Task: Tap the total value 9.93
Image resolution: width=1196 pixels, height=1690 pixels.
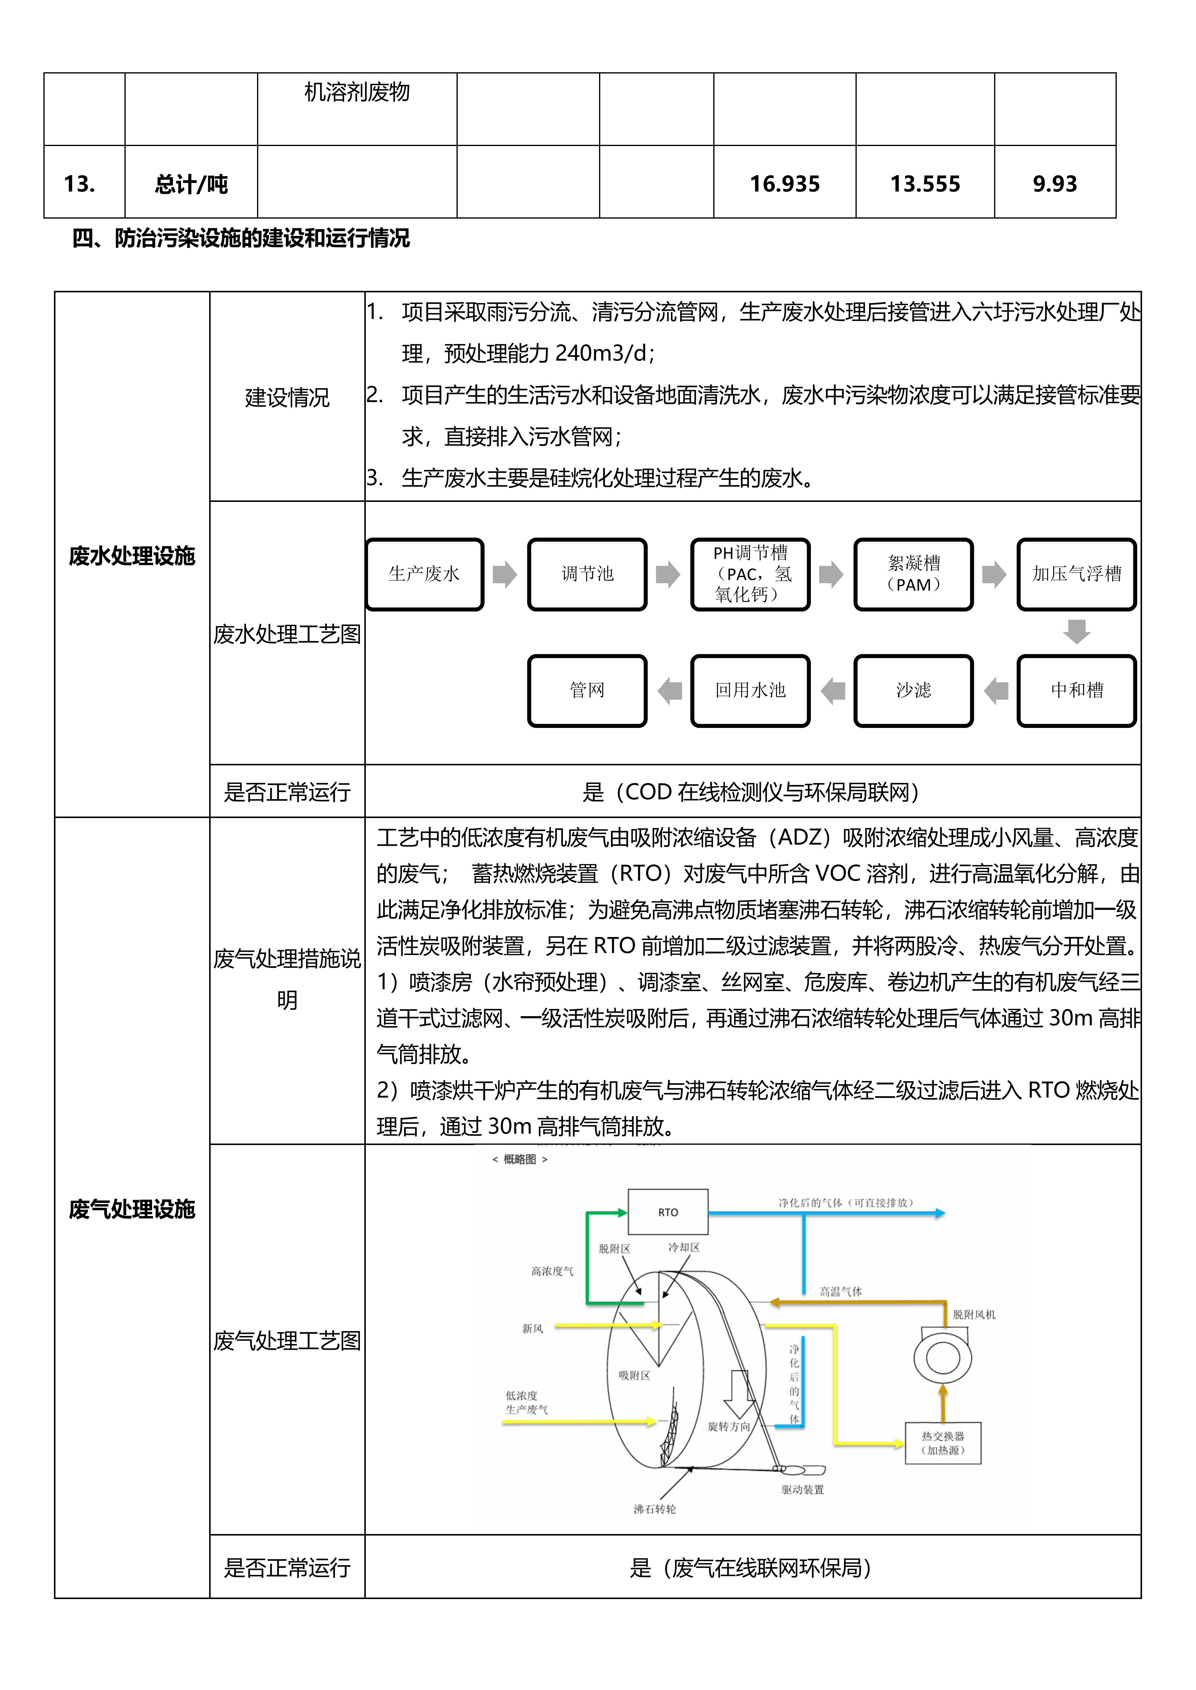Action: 1055,184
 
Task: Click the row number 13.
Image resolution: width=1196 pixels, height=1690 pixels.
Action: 80,184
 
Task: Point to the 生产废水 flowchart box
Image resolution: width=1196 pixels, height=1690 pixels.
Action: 424,574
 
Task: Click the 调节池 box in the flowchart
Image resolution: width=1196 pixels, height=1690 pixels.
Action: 587,574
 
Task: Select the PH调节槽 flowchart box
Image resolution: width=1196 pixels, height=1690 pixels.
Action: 750,574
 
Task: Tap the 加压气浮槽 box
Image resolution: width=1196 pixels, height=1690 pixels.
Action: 1077,574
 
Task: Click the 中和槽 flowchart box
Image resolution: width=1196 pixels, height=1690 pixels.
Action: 1077,690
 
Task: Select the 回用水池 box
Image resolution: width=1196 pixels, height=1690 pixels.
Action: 750,690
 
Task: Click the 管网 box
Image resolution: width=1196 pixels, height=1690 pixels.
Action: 587,690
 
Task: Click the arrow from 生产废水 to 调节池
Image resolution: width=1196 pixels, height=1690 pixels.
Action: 505,574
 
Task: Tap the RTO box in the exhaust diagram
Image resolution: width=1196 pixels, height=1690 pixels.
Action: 668,1212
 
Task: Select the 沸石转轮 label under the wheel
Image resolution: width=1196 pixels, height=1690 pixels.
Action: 655,1509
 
